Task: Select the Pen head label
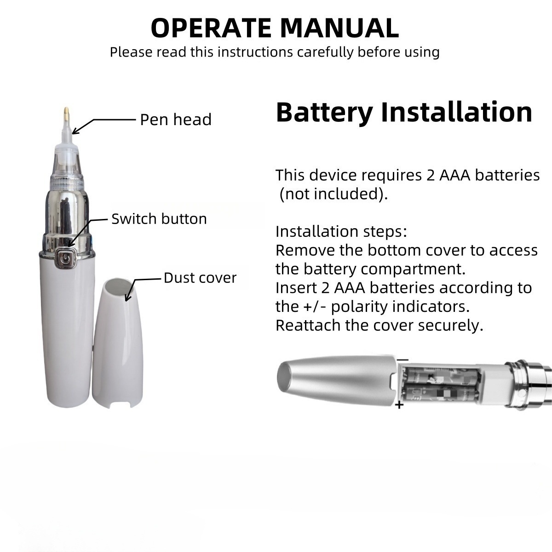click(x=176, y=120)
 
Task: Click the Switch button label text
click(x=159, y=219)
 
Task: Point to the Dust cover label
click(x=200, y=277)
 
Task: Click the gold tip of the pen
click(x=66, y=114)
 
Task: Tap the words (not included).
click(x=333, y=194)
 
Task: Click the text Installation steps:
click(x=341, y=231)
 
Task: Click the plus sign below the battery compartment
click(x=399, y=405)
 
